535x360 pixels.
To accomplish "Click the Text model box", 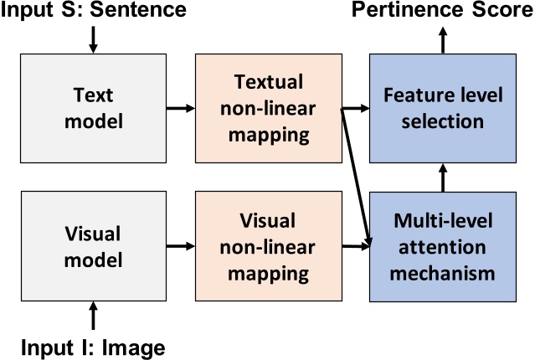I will point(92,108).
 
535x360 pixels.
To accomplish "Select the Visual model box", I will point(92,248).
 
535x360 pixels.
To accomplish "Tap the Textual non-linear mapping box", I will point(266,108).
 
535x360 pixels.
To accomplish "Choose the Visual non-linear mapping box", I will point(266,248).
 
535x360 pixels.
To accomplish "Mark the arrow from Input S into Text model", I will point(92,38).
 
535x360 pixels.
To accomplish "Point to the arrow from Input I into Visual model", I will point(92,317).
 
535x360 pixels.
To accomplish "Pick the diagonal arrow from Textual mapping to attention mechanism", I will point(355,176).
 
